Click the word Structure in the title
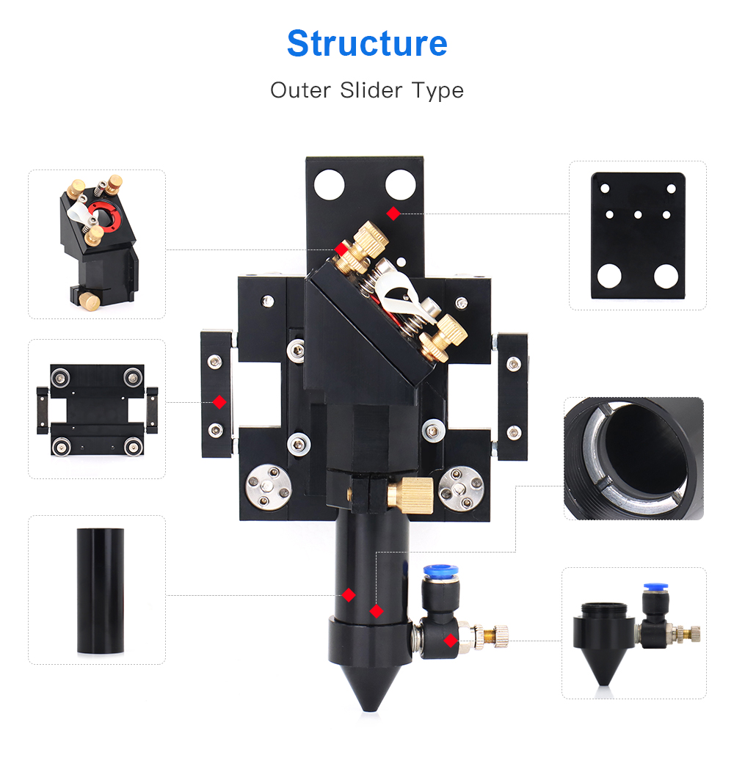point(367,43)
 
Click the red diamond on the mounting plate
point(393,214)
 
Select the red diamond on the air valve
point(451,641)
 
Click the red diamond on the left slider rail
point(219,402)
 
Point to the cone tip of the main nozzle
point(369,709)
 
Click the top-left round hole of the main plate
point(329,185)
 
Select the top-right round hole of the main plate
point(401,185)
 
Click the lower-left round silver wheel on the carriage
point(269,488)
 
